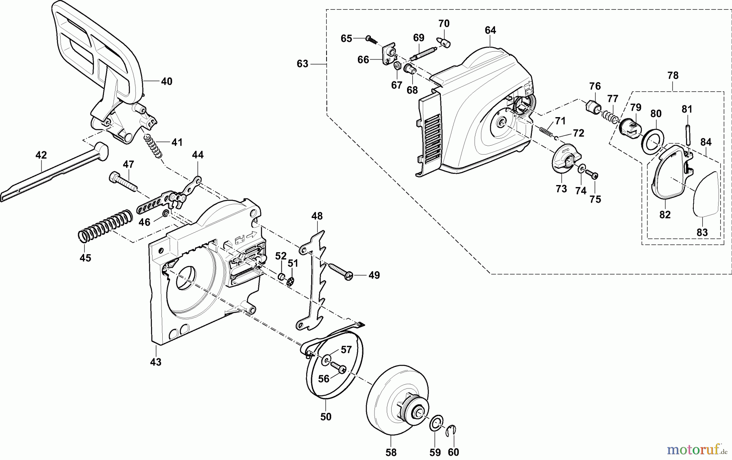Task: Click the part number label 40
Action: [x=166, y=81]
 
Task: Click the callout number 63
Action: [x=303, y=64]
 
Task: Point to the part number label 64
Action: [x=490, y=31]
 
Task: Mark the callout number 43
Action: [x=156, y=362]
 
